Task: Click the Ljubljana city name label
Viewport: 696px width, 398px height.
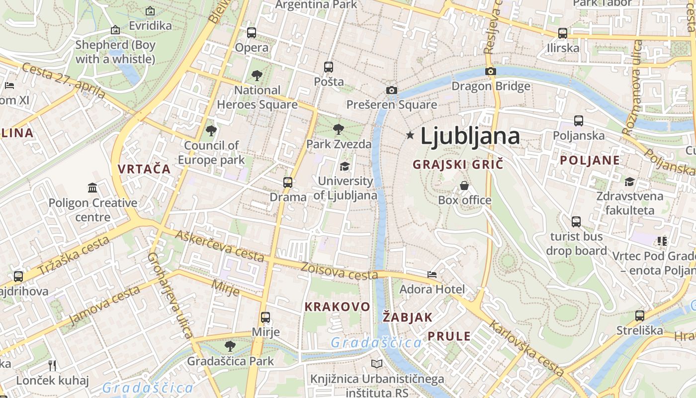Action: [x=470, y=136]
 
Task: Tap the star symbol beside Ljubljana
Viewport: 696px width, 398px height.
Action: [x=410, y=135]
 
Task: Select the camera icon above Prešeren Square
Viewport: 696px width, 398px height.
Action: [x=392, y=90]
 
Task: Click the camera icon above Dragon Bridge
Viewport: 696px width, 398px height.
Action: [x=491, y=71]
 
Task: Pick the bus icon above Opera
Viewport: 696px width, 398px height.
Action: [x=252, y=33]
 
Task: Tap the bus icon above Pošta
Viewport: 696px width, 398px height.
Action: [x=328, y=67]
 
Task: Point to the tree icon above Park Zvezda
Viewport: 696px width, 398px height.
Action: [x=339, y=129]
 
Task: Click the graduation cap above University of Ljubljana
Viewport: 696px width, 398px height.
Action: [x=345, y=166]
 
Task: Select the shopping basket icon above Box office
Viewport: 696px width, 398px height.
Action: [x=464, y=186]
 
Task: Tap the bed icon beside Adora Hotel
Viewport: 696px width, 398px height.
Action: [x=432, y=274]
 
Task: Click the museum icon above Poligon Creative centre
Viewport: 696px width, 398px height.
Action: [x=92, y=188]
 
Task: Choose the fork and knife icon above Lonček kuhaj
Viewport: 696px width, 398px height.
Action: [x=52, y=366]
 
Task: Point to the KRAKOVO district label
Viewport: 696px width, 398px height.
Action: [x=338, y=306]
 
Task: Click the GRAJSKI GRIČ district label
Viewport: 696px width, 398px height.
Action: [x=458, y=164]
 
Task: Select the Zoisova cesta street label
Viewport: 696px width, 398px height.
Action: [x=336, y=271]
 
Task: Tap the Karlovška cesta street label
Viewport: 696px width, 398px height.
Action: [x=526, y=348]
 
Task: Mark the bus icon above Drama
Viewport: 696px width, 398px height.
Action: [x=288, y=182]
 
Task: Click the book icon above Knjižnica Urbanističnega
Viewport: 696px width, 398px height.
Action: [x=377, y=364]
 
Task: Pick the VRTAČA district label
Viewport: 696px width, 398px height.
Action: [x=144, y=169]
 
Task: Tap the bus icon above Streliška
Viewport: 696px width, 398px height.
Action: [x=639, y=315]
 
